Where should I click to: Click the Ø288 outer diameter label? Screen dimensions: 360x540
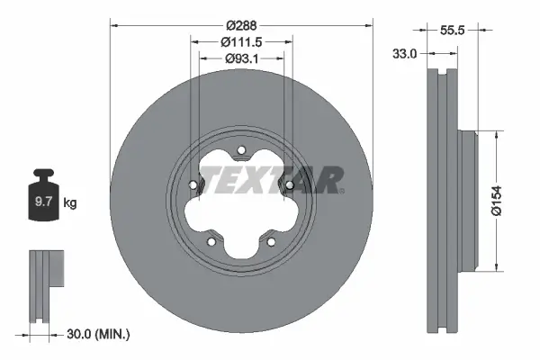[x=241, y=25]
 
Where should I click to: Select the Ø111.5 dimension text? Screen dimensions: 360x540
[x=241, y=42]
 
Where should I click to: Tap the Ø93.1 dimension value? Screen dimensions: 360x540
[x=241, y=59]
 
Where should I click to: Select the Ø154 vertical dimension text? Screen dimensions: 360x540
[x=510, y=200]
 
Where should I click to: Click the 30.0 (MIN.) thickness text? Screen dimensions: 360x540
[x=99, y=334]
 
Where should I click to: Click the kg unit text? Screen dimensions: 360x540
[x=69, y=203]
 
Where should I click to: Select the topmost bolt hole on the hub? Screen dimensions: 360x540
[x=241, y=152]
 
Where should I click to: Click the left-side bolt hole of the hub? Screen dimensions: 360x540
[x=193, y=186]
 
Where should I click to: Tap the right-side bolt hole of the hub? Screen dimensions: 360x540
[x=289, y=186]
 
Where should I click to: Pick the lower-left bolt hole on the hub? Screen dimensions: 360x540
[x=211, y=241]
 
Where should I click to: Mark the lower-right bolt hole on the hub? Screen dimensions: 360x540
[x=271, y=241]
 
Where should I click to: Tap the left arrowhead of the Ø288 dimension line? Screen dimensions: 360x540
[x=113, y=25]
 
